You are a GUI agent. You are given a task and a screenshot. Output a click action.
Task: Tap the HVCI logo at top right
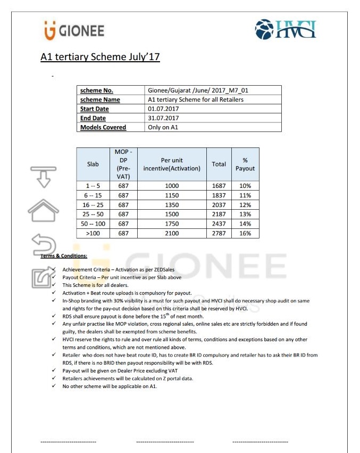[x=285, y=30]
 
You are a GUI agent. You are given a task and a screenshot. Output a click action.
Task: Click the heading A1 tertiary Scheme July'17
[x=101, y=56]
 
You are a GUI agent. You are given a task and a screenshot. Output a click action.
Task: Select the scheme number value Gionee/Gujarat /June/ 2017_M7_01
[x=198, y=90]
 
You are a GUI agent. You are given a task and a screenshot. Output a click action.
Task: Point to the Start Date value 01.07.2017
[x=163, y=109]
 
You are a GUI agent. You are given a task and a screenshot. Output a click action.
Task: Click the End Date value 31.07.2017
[x=163, y=118]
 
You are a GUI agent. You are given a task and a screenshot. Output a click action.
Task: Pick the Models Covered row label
[x=103, y=127]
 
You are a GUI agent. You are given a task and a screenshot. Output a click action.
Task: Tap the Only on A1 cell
[x=163, y=127]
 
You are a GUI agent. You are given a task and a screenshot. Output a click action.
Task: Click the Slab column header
[x=93, y=164]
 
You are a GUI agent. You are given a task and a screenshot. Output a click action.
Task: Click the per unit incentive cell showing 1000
[x=172, y=186]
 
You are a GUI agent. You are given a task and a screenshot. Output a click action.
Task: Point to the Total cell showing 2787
[x=219, y=233]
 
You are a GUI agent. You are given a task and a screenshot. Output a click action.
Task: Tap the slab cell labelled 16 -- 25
[x=93, y=205]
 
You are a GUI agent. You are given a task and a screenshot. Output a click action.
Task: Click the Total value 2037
[x=219, y=205]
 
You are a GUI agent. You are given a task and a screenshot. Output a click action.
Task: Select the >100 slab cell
[x=93, y=233]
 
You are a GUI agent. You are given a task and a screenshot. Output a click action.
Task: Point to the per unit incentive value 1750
[x=172, y=224]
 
